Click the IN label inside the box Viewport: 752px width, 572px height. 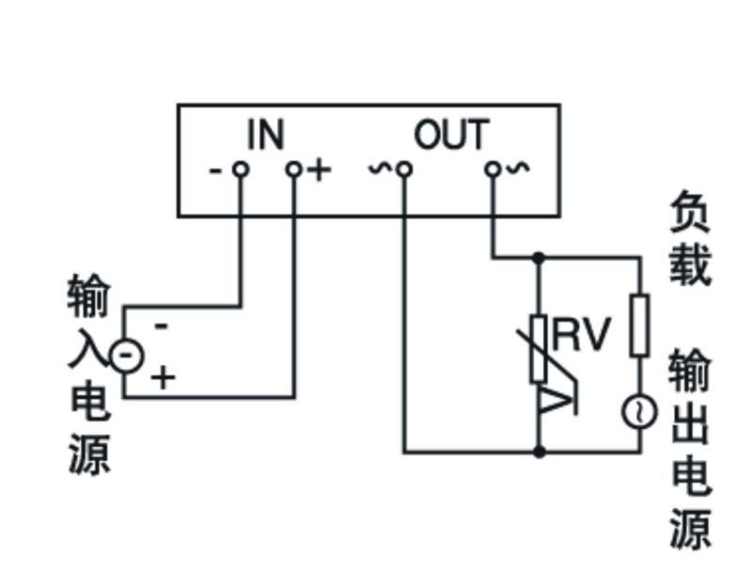265,135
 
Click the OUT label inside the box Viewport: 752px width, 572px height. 451,135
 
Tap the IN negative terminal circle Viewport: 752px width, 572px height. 241,169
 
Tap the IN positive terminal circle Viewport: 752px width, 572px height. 295,169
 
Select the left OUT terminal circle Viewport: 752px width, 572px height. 404,169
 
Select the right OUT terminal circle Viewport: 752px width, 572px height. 492,169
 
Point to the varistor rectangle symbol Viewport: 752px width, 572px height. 539,348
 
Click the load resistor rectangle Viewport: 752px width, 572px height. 639,325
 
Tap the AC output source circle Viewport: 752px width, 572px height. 639,411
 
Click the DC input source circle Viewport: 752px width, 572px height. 125,355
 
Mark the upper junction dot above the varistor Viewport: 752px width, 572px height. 539,256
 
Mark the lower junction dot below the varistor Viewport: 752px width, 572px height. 539,453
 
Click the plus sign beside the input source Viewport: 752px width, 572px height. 164,378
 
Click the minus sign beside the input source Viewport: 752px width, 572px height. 161,326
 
